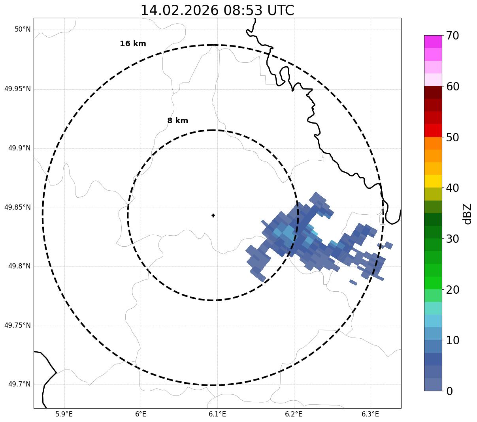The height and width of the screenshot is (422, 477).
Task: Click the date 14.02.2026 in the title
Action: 179,10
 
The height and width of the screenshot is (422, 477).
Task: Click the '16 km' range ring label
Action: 133,44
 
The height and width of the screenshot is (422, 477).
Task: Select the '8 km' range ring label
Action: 177,121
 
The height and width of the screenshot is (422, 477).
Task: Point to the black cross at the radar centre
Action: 213,215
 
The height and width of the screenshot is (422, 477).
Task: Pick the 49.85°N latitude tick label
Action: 17,207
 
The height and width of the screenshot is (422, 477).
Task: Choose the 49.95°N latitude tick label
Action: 17,89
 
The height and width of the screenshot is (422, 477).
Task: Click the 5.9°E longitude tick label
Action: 64,414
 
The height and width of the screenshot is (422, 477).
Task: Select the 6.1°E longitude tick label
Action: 217,414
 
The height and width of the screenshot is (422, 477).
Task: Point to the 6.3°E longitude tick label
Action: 370,414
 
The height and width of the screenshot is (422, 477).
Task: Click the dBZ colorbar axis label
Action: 468,214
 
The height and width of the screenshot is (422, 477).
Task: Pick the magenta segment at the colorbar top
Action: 433,41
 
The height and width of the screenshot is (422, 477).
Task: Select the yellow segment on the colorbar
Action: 433,181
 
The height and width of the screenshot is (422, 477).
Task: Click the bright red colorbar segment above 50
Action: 433,130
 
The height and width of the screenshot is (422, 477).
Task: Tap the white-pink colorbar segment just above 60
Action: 433,80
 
